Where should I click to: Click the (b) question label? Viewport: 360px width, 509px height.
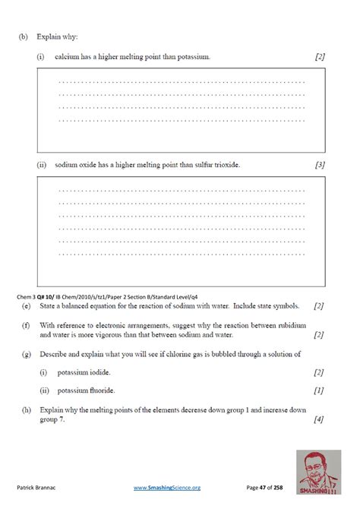click(24, 36)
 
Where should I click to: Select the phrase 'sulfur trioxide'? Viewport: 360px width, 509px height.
click(214, 164)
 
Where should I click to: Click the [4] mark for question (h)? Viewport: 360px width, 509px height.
click(319, 419)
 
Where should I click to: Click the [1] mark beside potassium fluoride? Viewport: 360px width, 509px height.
click(319, 390)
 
